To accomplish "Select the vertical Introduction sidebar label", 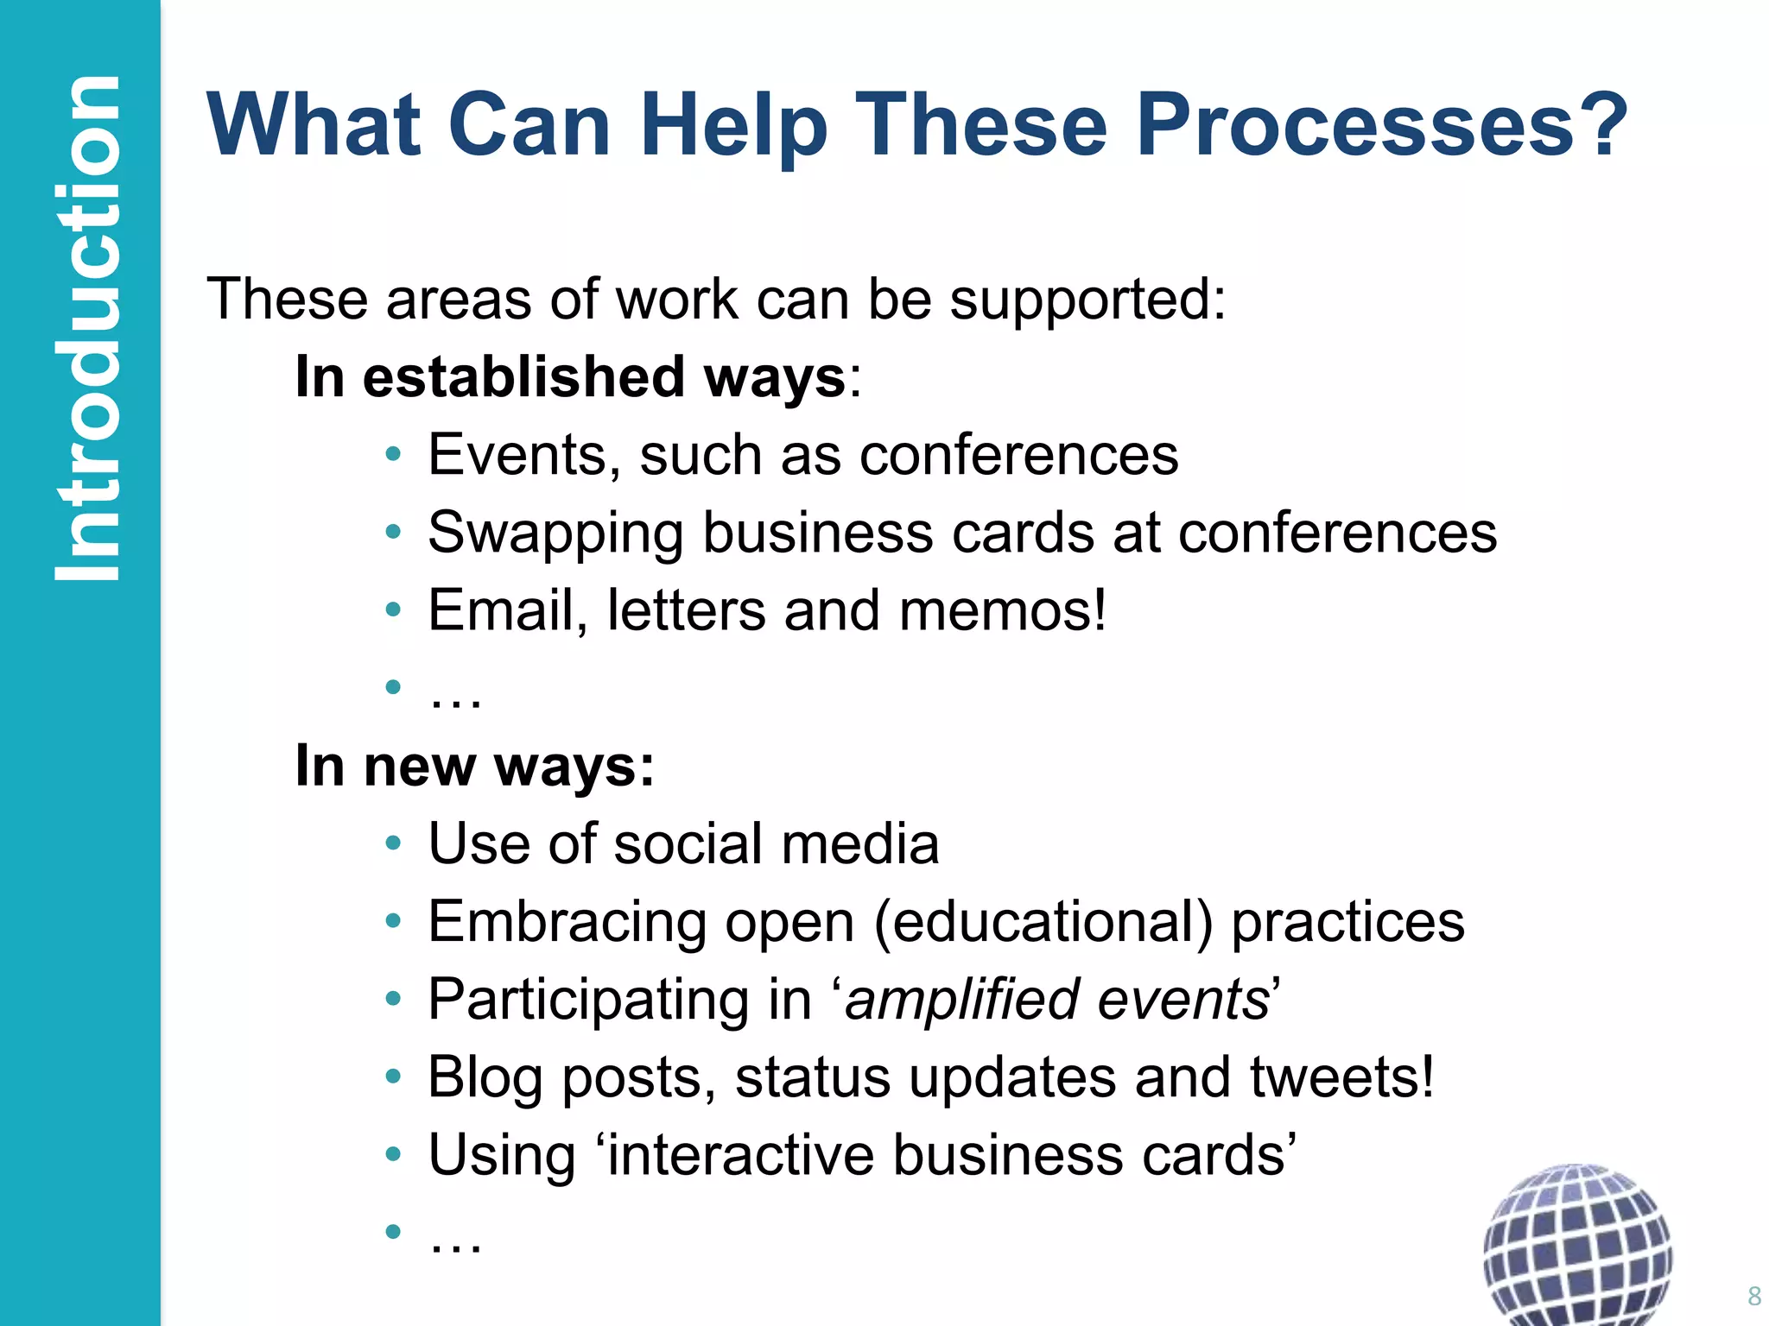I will coord(86,328).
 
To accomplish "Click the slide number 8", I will coord(1753,1296).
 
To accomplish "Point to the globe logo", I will coord(1577,1243).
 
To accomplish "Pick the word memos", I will coord(1002,610).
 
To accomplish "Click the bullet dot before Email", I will coord(394,610).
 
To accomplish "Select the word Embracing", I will coord(567,922).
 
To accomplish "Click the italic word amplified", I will coord(962,1000).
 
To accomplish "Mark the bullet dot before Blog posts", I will coord(394,1077).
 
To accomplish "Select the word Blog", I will coord(485,1077).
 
